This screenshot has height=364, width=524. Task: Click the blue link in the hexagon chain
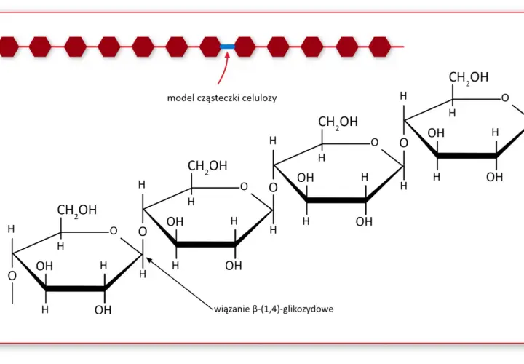pos(227,47)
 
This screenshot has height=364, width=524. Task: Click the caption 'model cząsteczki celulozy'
pos(222,98)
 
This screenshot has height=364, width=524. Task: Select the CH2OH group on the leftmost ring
pos(77,210)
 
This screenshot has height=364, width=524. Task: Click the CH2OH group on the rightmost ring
pos(468,78)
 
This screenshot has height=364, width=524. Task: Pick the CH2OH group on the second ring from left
pos(207,166)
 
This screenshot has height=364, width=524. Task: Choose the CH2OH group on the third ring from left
pos(338,122)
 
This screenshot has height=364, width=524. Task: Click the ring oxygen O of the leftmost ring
pos(114,231)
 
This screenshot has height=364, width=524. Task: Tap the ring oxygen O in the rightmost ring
pos(505,98)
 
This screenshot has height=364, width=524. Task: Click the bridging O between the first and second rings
pos(143,232)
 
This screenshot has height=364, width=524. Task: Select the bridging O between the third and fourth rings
pos(404,143)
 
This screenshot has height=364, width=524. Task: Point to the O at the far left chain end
pos(12,276)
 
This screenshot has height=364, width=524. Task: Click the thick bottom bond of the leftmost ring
pos(75,289)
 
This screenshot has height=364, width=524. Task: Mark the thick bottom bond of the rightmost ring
pos(467,155)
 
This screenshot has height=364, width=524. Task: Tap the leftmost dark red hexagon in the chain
pos(8,47)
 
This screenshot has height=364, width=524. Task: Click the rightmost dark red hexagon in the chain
pos(380,47)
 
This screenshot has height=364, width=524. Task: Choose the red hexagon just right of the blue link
pos(245,47)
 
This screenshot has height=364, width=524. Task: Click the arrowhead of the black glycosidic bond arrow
pos(149,260)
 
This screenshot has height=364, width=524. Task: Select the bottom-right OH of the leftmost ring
pos(103,310)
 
